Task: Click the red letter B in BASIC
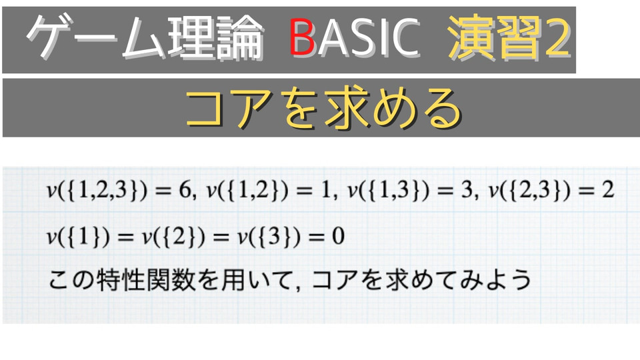click(302, 37)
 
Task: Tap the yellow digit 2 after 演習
click(558, 38)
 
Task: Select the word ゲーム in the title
click(96, 37)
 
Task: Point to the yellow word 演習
click(495, 38)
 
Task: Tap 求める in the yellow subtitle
click(393, 108)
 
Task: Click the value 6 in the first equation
click(185, 190)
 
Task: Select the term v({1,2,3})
click(97, 190)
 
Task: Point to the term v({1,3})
click(389, 190)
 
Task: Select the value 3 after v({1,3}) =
click(467, 190)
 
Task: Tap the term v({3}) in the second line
click(269, 237)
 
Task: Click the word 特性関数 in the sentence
click(147, 280)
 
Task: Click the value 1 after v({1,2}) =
click(326, 190)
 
